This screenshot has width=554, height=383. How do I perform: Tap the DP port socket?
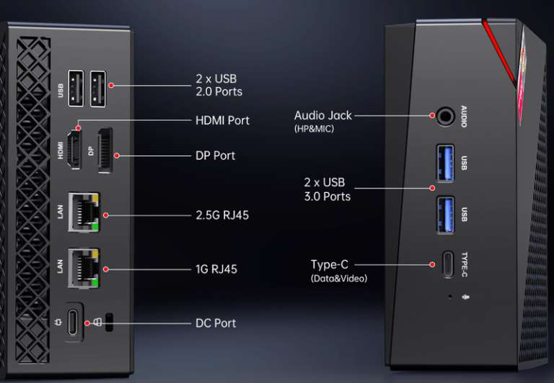(105, 152)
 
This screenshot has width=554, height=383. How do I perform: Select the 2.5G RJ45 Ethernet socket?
(85, 212)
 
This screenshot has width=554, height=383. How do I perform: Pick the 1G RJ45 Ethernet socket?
(85, 267)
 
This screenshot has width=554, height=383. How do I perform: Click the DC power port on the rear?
(75, 322)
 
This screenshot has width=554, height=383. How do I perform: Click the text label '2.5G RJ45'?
(222, 215)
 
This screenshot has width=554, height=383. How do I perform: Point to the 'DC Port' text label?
(216, 323)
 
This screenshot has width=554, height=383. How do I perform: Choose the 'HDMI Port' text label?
(222, 120)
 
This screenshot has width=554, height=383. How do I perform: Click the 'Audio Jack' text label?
(323, 115)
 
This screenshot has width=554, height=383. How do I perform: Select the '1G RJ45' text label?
(216, 269)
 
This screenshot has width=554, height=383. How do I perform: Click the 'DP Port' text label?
(215, 156)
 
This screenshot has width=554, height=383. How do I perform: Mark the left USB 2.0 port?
(76, 87)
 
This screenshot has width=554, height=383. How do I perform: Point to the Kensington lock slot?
(109, 322)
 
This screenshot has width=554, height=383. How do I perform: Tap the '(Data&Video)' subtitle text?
(339, 278)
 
